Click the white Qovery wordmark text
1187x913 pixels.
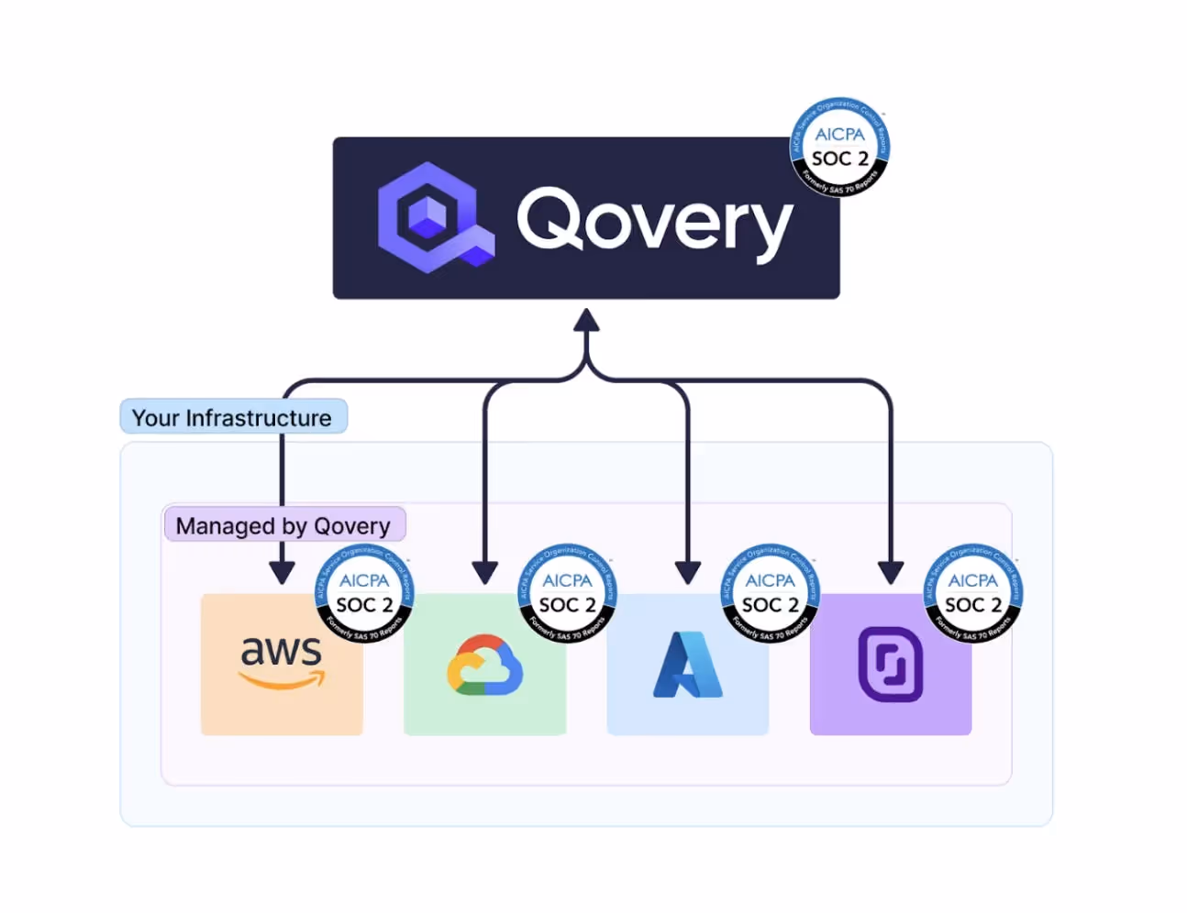[x=654, y=220]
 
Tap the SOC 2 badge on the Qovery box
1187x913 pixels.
[x=839, y=148]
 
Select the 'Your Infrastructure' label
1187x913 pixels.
[x=233, y=417]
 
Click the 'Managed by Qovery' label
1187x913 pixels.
[x=283, y=525]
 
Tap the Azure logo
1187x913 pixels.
[x=687, y=665]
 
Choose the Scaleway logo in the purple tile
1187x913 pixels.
[x=890, y=665]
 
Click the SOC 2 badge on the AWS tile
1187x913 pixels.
[x=364, y=594]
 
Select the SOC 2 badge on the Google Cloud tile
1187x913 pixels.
[x=567, y=594]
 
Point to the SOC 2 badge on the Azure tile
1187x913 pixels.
[x=770, y=594]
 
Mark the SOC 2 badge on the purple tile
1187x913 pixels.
[x=972, y=594]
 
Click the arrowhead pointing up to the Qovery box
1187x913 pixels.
[x=586, y=321]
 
